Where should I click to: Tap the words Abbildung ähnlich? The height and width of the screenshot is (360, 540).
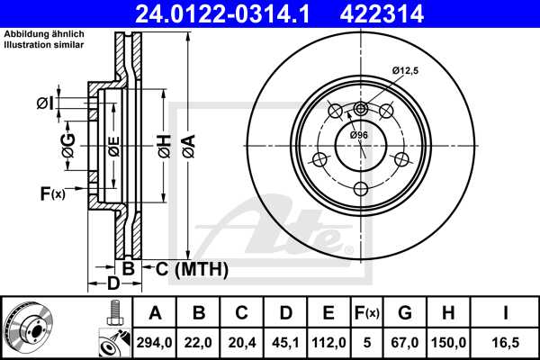click(x=44, y=34)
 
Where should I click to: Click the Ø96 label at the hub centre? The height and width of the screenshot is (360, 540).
click(x=359, y=135)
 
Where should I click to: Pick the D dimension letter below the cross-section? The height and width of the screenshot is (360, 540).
click(x=113, y=284)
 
